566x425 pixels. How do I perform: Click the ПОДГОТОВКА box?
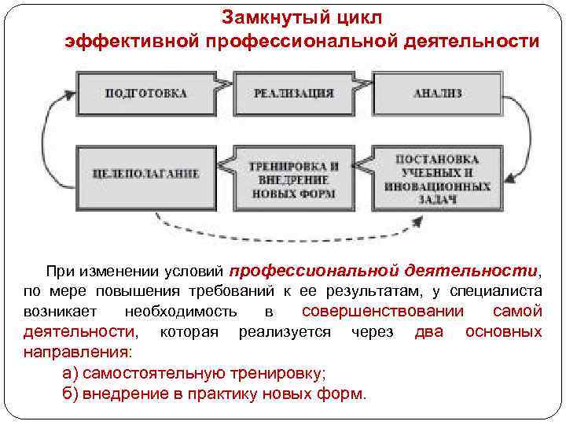[145, 93]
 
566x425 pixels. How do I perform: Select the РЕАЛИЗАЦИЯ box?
[292, 93]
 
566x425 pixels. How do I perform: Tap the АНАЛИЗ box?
[438, 93]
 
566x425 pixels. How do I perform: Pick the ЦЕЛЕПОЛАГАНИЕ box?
[145, 174]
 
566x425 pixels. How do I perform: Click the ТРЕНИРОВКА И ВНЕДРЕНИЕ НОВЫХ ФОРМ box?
[292, 179]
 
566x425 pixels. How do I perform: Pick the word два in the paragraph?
[428, 331]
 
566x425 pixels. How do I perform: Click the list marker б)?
[70, 393]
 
